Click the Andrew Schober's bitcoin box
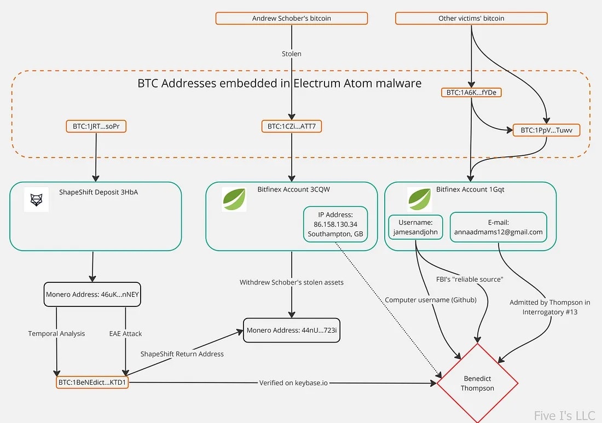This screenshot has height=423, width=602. pos(291,18)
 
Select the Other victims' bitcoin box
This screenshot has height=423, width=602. pos(471,18)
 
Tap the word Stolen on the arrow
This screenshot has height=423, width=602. pos(291,54)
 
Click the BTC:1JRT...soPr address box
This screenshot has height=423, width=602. pos(96,126)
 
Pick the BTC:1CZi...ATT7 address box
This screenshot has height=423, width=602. pos(291,126)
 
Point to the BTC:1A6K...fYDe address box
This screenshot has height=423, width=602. pos(471,92)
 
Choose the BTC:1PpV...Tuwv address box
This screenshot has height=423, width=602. pos(547,130)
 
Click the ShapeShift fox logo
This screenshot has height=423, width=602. pos(36,200)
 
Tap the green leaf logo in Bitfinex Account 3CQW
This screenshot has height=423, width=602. pos(234,199)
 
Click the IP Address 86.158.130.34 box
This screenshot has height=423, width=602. pos(335,224)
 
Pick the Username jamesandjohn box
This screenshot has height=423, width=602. pos(416,227)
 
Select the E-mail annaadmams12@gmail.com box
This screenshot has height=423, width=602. pos(498,227)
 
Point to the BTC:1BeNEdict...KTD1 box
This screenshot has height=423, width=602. pos(92,383)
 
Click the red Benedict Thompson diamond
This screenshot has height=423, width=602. pos(477,383)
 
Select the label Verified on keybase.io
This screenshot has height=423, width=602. pos(293,383)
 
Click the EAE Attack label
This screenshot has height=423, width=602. pos(125,333)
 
